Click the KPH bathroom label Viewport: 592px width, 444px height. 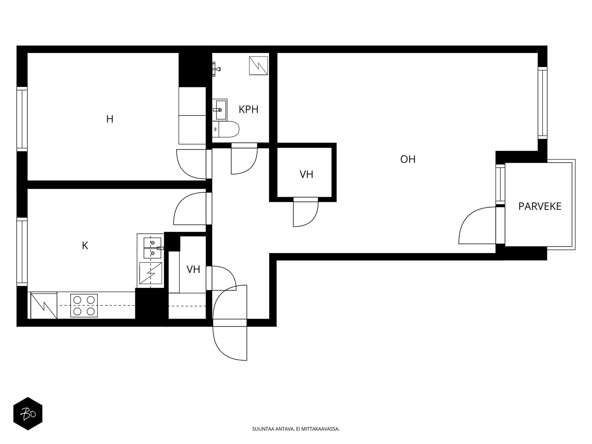click(x=248, y=110)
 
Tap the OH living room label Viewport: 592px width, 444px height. click(x=408, y=159)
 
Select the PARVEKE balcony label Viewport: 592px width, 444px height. click(x=540, y=206)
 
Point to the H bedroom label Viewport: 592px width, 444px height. click(x=110, y=119)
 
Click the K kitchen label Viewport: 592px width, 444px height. click(x=85, y=246)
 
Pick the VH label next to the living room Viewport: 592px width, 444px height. click(x=306, y=174)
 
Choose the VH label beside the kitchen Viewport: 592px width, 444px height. click(x=193, y=269)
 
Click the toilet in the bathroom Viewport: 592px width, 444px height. click(x=226, y=129)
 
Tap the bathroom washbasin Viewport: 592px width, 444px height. click(x=219, y=110)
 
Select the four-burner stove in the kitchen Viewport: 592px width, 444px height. click(x=84, y=305)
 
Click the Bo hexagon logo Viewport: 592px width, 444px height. click(x=28, y=414)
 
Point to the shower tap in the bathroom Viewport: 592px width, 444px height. click(x=216, y=69)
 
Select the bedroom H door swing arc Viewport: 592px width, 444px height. click(x=184, y=170)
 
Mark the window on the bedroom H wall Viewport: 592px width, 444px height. click(x=22, y=119)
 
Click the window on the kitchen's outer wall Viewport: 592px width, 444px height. click(x=22, y=252)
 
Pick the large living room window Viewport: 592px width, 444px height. click(x=542, y=103)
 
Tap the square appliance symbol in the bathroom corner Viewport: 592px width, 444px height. click(x=258, y=66)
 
